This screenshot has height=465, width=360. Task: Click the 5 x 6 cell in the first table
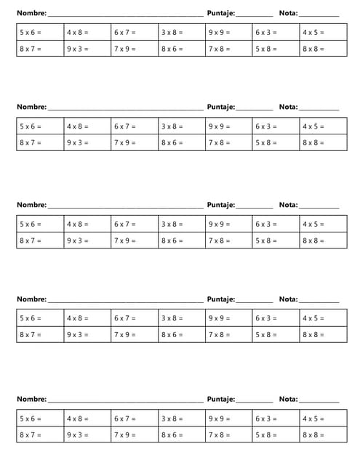coord(40,32)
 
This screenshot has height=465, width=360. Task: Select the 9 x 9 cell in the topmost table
coord(229,32)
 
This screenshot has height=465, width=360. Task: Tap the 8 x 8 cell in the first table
coord(324,49)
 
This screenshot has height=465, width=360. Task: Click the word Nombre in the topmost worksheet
coord(31,13)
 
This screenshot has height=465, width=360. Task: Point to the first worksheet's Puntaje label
coord(220,13)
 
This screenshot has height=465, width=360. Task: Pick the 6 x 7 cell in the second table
coord(135,126)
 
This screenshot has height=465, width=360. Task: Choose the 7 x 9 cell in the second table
coord(135,142)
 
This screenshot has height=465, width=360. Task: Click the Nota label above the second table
coord(288,107)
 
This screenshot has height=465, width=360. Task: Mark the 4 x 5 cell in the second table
coord(324,126)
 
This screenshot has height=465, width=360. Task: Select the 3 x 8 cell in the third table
coord(182,225)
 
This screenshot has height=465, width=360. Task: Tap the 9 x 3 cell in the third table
coord(87,240)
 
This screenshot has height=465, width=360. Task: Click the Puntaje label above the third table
coord(220,205)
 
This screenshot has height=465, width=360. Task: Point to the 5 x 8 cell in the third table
coord(276,240)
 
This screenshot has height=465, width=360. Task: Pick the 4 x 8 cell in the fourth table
coord(87,318)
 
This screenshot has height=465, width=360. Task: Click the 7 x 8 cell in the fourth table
coord(229,335)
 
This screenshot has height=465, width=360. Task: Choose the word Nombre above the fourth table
coord(31,299)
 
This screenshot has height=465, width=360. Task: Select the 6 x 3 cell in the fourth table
coord(276,318)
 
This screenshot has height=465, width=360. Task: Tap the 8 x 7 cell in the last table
coord(40,434)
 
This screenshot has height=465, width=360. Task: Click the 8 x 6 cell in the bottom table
coord(182,434)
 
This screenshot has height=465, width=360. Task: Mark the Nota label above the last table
coord(288,399)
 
